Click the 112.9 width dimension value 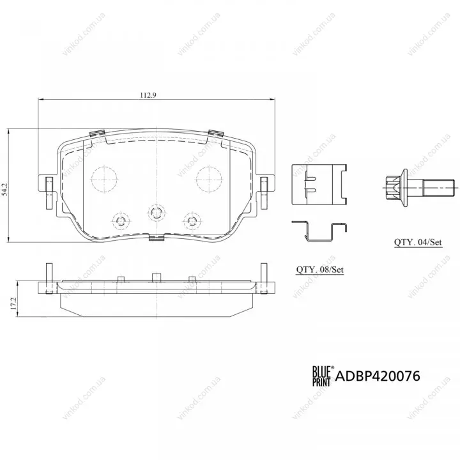pyautogui.click(x=148, y=95)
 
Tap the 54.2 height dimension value pyautogui.click(x=4, y=189)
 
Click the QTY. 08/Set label pyautogui.click(x=320, y=270)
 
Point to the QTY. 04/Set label pyautogui.click(x=418, y=242)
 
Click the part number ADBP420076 pyautogui.click(x=378, y=376)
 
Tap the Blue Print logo pyautogui.click(x=322, y=376)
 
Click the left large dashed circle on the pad pyautogui.click(x=104, y=180)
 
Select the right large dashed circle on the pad pyautogui.click(x=209, y=180)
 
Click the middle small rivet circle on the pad pyautogui.click(x=157, y=212)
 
